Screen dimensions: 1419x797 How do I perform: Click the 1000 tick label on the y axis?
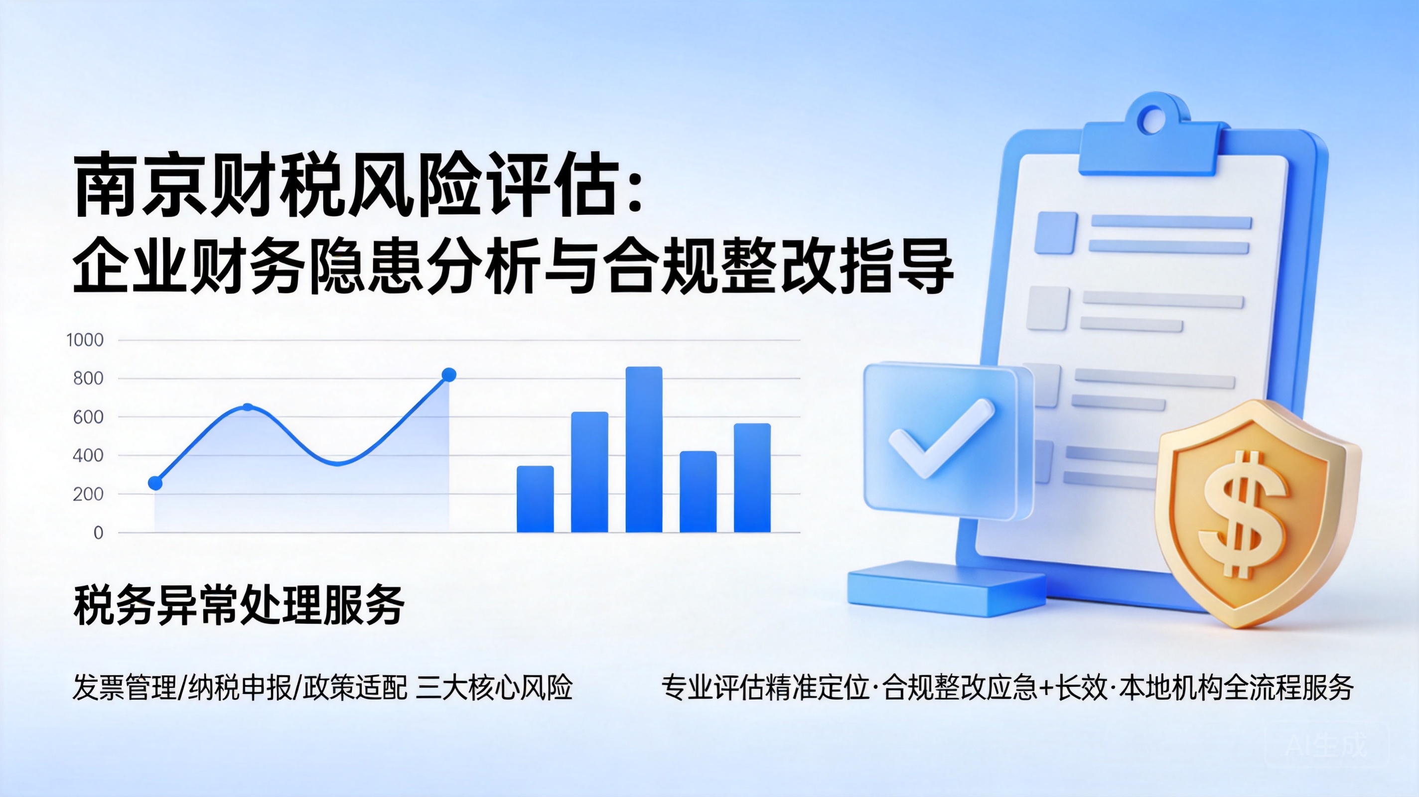tap(85, 340)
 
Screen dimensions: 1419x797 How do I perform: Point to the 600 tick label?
tap(88, 417)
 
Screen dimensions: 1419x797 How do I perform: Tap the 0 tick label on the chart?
tap(98, 532)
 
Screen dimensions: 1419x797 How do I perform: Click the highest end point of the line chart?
tap(449, 375)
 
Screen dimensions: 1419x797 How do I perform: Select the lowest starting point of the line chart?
tap(155, 483)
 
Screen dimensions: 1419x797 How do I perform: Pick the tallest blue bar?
tap(644, 449)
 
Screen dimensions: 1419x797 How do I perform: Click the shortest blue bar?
tap(535, 499)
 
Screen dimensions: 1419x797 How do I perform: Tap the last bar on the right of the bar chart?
tap(752, 478)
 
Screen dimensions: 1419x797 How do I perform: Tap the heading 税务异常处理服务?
tap(239, 605)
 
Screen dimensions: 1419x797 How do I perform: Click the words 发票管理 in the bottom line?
tap(125, 687)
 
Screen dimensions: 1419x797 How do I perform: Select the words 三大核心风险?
tap(495, 687)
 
